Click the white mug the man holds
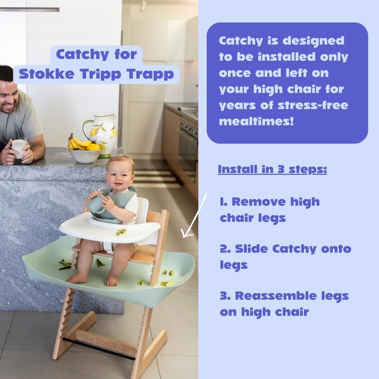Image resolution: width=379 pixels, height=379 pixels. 18,147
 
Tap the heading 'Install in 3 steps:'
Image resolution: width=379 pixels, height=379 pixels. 272,169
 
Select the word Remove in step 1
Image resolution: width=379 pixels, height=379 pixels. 262,202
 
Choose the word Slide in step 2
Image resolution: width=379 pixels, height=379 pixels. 253,249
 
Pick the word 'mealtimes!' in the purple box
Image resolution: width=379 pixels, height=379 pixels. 256,121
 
